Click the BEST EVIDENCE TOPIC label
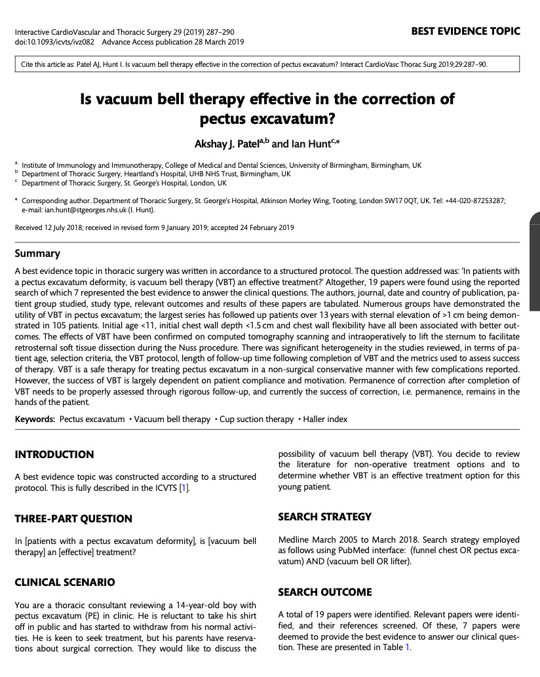pos(466,31)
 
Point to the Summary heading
pos(37,254)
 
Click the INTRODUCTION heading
pos(54,454)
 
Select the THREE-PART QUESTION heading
pos(73,518)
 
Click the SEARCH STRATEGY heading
pos(325,516)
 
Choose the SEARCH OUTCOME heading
pos(325,592)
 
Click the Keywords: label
pos(35,419)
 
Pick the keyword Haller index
pos(326,419)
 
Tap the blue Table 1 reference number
pos(407,647)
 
